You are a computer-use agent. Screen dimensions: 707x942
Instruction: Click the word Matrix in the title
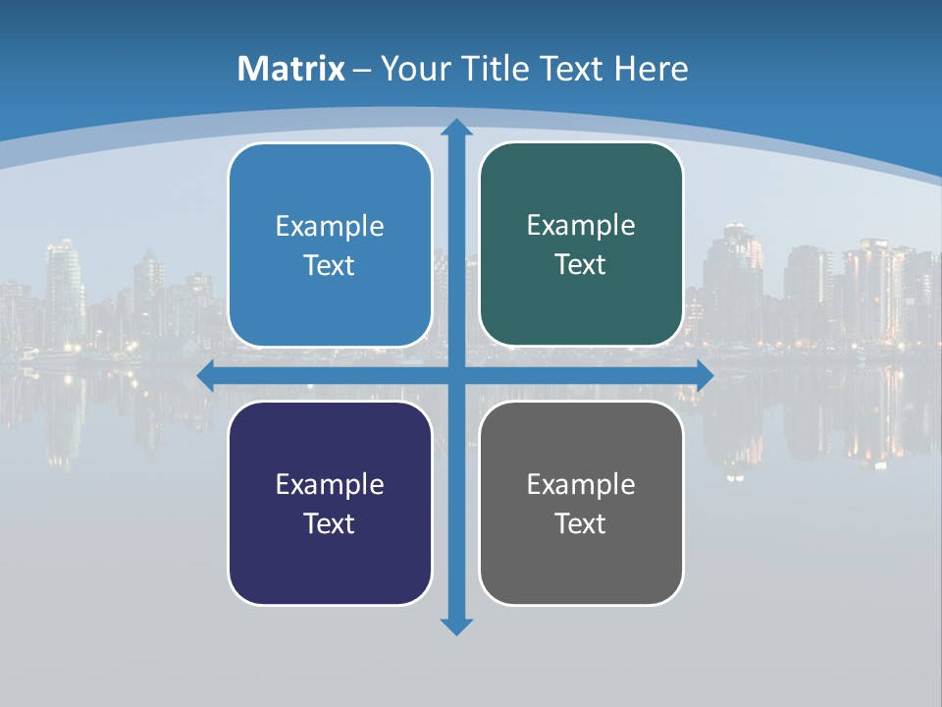tap(291, 69)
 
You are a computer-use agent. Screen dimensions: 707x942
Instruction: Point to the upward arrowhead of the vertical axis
tap(455, 129)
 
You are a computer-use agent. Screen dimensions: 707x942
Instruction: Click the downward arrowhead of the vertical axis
tap(455, 625)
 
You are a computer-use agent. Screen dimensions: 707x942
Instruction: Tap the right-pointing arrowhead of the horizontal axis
tap(704, 375)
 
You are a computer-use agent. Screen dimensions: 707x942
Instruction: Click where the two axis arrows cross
tap(455, 375)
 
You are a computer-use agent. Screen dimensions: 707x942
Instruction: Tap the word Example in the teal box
tap(581, 226)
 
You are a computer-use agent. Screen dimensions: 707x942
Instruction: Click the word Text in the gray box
tap(581, 523)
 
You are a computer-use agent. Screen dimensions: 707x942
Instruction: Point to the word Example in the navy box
tap(330, 484)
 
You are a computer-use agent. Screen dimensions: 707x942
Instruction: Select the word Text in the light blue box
tap(330, 265)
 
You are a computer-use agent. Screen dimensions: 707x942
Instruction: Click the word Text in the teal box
tap(581, 264)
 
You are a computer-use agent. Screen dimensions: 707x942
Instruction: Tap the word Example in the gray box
tap(581, 484)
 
